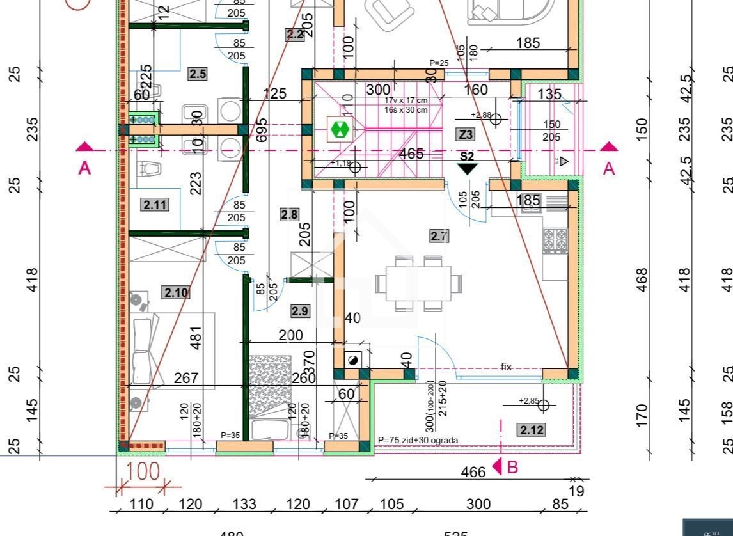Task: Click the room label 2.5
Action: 198,74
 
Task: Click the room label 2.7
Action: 439,236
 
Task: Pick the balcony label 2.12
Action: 532,430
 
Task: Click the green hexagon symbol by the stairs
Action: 340,130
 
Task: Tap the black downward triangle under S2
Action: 468,169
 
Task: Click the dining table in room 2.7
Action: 419,283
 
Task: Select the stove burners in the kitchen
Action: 555,241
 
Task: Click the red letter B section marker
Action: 511,468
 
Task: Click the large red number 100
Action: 143,473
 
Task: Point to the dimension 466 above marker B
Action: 473,472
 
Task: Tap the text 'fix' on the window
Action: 506,367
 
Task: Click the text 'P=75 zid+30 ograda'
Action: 418,440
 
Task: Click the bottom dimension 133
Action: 244,504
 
